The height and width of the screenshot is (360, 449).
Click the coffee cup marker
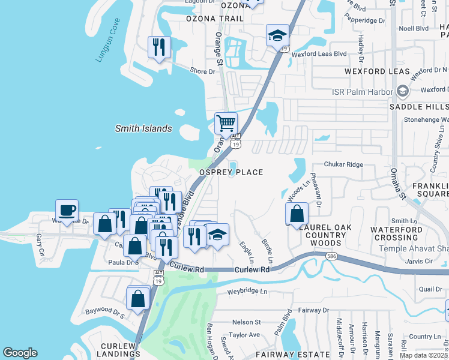[x=67, y=210]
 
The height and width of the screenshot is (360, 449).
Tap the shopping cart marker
[x=226, y=124]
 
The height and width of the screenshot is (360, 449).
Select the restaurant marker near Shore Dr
[x=159, y=47]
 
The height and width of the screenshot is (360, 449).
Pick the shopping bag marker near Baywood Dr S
[x=137, y=298]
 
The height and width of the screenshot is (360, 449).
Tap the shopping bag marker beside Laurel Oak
[x=297, y=213]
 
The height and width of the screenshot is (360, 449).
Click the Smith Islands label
[x=143, y=128]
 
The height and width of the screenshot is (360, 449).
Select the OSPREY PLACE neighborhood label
[x=232, y=172]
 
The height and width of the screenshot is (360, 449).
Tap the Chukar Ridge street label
[x=344, y=164]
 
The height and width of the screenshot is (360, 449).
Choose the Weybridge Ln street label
[x=247, y=291]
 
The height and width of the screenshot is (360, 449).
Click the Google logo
[x=20, y=353]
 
